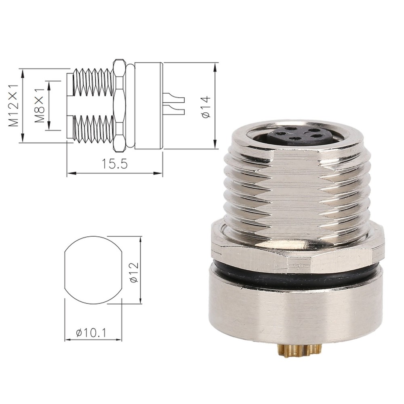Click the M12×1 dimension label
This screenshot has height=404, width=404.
pyautogui.click(x=14, y=105)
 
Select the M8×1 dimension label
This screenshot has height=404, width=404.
pyautogui.click(x=39, y=105)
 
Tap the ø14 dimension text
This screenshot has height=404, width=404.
pyautogui.click(x=206, y=106)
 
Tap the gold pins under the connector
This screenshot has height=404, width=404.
pyautogui.click(x=299, y=350)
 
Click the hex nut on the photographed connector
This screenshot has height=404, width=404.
pyautogui.click(x=297, y=255)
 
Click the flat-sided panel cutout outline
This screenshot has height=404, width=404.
pyautogui.click(x=93, y=270)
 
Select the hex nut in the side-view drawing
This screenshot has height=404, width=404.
pyautogui.click(x=119, y=106)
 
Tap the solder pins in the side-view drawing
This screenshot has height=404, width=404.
pyautogui.click(x=174, y=105)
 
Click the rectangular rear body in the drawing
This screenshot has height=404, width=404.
pyautogui.click(x=148, y=105)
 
